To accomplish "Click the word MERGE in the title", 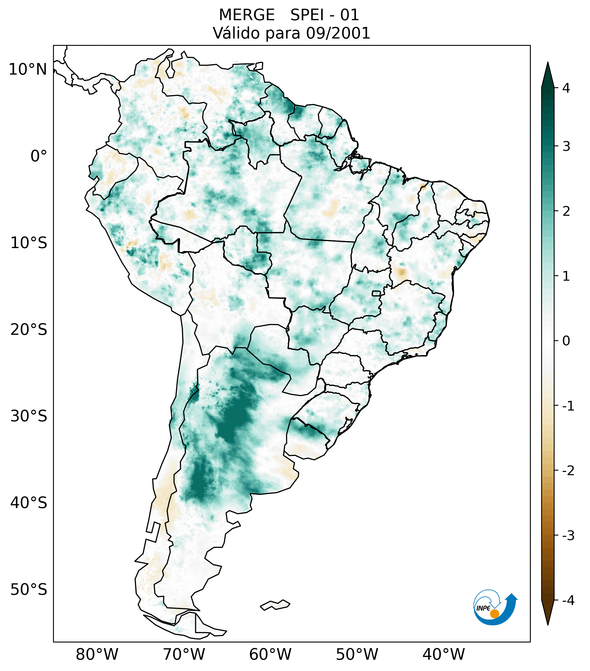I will (x=246, y=15).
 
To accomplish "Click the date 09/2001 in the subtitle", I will (x=338, y=33).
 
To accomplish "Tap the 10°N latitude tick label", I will (x=28, y=69).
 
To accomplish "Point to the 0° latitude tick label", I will (x=39, y=156).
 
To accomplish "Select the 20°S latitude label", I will (x=29, y=330).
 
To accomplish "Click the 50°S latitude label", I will (x=29, y=590).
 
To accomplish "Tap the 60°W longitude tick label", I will (x=270, y=654).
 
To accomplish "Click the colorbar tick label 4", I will (x=566, y=88).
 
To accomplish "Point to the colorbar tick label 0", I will (x=566, y=341).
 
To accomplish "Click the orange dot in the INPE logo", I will (x=494, y=614).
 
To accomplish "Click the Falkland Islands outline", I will (x=275, y=605).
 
